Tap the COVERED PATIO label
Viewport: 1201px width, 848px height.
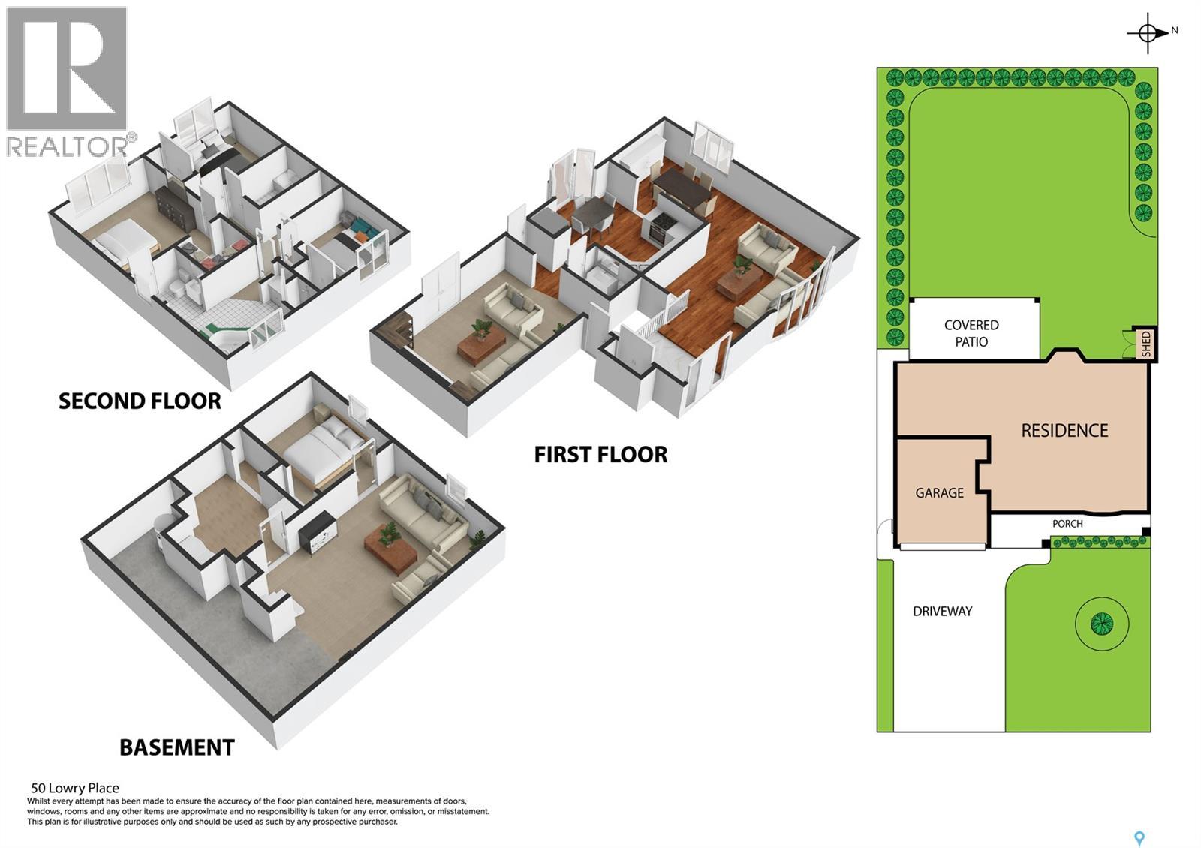(x=971, y=333)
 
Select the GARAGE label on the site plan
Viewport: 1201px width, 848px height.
(x=939, y=493)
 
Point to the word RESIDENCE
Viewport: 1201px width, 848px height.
(x=1064, y=431)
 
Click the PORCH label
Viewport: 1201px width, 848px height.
(x=1067, y=524)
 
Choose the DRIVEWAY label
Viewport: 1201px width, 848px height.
(x=942, y=612)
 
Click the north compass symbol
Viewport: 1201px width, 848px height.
(x=1148, y=33)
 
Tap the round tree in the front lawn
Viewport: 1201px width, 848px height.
(x=1101, y=623)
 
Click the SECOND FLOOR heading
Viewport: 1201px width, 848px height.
(x=140, y=401)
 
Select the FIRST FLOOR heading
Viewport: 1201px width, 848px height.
(x=600, y=455)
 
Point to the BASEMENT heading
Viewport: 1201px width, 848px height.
(x=177, y=747)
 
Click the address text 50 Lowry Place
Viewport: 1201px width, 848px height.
(x=75, y=788)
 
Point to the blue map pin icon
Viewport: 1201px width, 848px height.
(x=1139, y=838)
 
